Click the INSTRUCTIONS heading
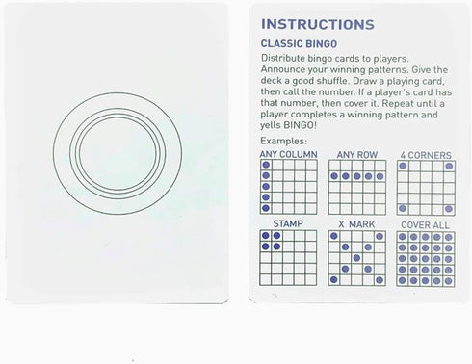pos(318,24)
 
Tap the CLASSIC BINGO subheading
pos(299,44)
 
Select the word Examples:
pos(283,141)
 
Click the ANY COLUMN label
pos(288,154)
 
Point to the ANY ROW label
pos(357,155)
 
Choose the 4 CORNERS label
pos(426,155)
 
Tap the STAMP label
pos(288,223)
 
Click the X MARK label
pos(356,224)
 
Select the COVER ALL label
pos(425,225)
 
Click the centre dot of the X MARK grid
pos(356,258)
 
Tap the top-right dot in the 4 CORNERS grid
pos(449,167)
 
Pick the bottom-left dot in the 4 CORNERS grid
pos(403,209)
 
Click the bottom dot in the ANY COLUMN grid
pos(266,208)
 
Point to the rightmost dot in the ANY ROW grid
pos(380,176)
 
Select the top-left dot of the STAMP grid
pos(266,236)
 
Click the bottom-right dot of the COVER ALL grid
pos(449,281)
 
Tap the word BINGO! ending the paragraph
pos(300,125)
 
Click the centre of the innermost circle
pos(118,153)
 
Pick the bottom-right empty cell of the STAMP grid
pos(311,279)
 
